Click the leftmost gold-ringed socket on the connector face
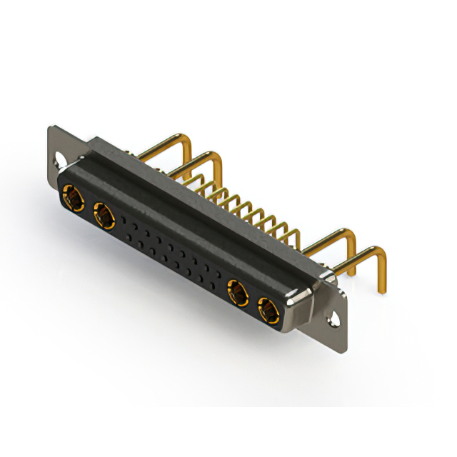[73, 196]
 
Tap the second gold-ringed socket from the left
[104, 214]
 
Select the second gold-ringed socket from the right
[238, 293]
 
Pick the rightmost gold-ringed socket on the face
[269, 311]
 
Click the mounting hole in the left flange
[57, 154]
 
